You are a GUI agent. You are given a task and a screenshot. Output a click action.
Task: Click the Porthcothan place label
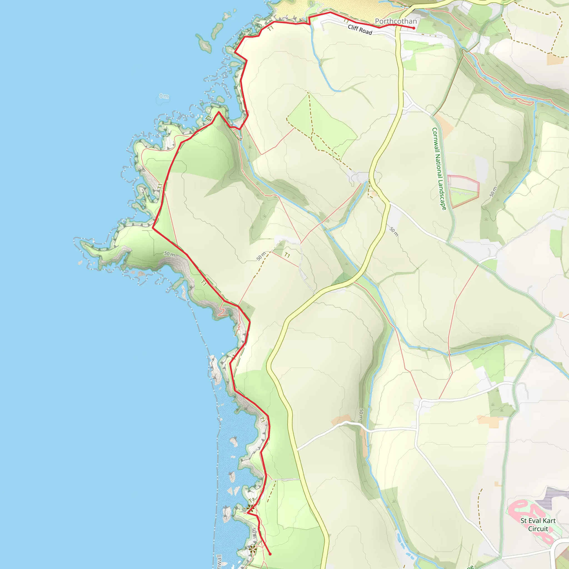click(396, 21)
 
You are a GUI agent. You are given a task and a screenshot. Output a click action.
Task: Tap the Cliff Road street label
click(360, 29)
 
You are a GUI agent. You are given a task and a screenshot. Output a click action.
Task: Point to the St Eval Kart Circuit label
click(538, 525)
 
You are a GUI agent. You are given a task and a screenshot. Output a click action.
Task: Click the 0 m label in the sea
click(164, 96)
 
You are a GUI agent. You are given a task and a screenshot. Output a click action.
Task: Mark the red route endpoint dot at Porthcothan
click(414, 28)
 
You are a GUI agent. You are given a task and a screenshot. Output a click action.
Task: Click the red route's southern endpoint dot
click(270, 554)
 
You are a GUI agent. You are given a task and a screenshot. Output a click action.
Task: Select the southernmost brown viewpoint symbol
click(252, 549)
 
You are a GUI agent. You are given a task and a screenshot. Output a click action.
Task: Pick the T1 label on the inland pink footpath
click(287, 255)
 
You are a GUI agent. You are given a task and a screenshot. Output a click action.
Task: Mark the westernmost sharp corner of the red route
click(153, 228)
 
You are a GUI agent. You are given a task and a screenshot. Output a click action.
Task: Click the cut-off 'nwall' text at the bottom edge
click(219, 561)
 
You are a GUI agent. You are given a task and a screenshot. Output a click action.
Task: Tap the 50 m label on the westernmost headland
click(169, 254)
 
